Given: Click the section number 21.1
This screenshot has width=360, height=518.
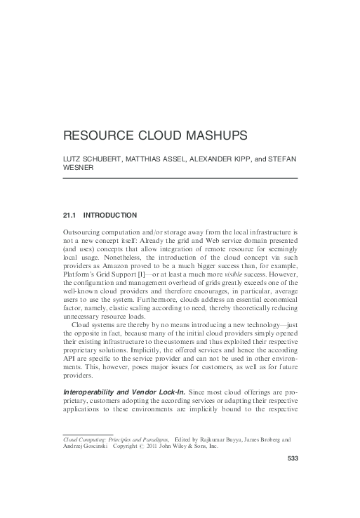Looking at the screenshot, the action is pos(71,214).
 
